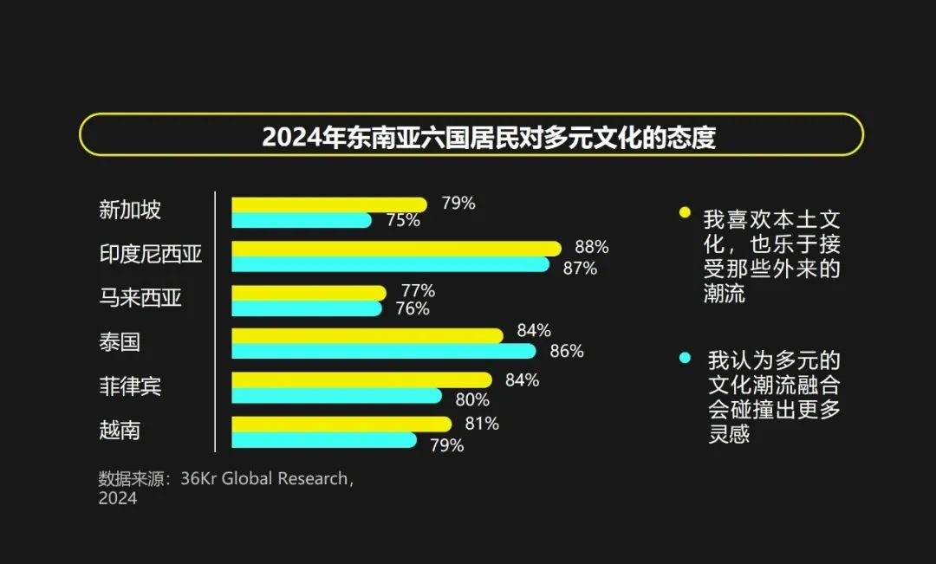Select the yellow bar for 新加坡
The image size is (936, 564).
click(x=329, y=204)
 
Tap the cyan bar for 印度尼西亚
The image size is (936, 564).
click(x=390, y=263)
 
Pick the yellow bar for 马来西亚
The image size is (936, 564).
click(x=309, y=293)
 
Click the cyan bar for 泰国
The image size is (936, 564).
click(x=383, y=351)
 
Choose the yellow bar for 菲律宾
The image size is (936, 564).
click(x=361, y=379)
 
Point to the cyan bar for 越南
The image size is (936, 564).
click(x=324, y=440)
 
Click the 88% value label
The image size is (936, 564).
click(x=591, y=247)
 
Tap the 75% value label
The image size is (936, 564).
click(x=403, y=220)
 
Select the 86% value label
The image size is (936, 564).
click(x=566, y=351)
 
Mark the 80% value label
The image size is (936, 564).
click(x=472, y=399)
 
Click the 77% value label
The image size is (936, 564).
click(x=418, y=290)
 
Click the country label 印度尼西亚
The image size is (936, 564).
click(x=151, y=254)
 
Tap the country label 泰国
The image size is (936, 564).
click(x=120, y=342)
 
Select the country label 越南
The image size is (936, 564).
click(x=120, y=431)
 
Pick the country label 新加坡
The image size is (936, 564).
click(x=130, y=210)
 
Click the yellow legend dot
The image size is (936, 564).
click(x=685, y=212)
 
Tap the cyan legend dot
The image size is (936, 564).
click(x=685, y=357)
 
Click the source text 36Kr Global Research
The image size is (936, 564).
click(x=265, y=479)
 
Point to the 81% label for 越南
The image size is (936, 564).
click(x=482, y=424)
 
